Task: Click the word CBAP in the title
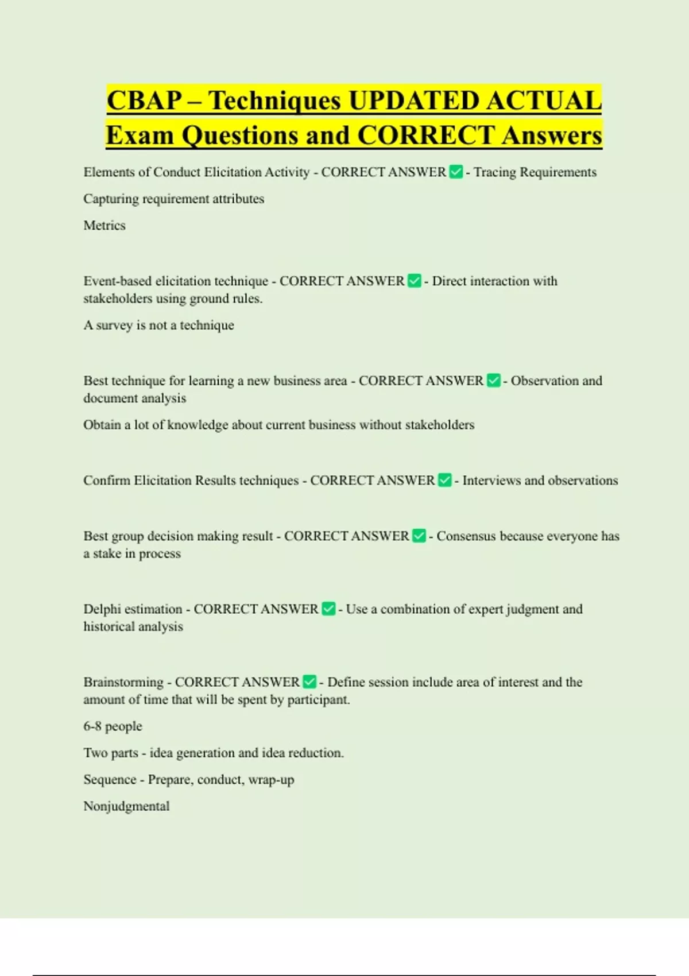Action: [x=144, y=100]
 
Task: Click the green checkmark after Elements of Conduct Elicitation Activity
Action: [x=456, y=172]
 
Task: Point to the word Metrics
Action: [x=104, y=226]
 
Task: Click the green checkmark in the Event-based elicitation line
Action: [x=415, y=281]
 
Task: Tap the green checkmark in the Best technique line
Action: [x=494, y=381]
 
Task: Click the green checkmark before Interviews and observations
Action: [x=445, y=480]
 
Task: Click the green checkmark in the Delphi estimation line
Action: [x=328, y=609]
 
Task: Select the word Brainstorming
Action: [x=123, y=683]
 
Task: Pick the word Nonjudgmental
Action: [x=126, y=807]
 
